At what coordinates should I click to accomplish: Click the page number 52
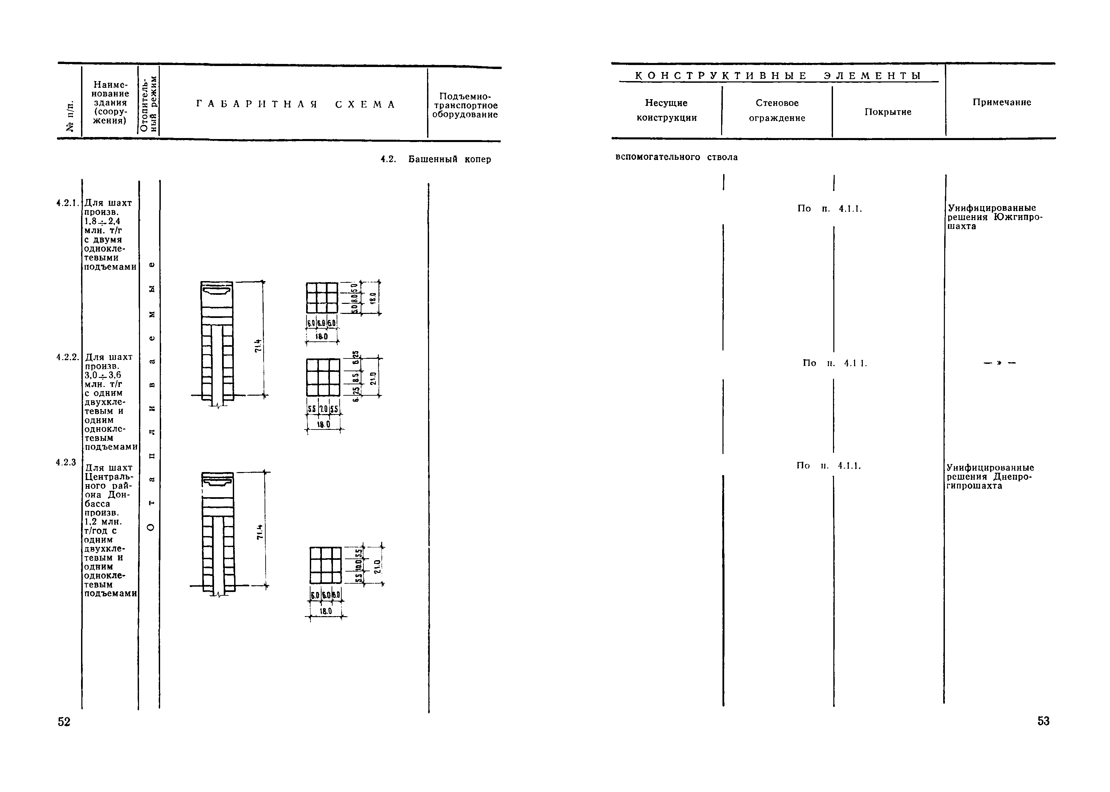coord(64,722)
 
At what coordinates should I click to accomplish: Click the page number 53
coord(1043,721)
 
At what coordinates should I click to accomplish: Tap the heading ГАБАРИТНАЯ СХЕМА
coord(296,105)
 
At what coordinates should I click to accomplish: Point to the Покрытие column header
coord(888,112)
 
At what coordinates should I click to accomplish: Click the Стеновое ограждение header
coord(777,110)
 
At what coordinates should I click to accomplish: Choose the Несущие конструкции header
coord(667,110)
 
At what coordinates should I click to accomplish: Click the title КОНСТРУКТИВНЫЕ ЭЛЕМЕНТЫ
coord(778,76)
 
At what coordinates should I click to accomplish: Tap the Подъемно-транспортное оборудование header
coord(465,105)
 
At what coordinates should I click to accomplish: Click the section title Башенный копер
coord(449,159)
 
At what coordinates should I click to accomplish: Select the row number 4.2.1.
coord(67,203)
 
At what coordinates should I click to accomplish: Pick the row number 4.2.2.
coord(67,357)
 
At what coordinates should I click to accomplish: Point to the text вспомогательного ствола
coord(677,157)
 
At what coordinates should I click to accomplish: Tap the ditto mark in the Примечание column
coord(1000,363)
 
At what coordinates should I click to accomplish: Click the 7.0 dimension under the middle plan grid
coord(323,410)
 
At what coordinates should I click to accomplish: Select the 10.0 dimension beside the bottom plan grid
coord(359,564)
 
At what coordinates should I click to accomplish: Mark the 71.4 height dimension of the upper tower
coord(258,345)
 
